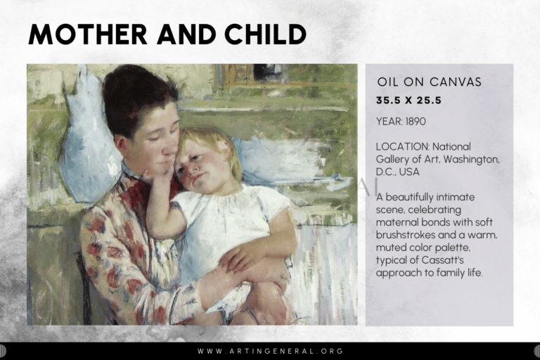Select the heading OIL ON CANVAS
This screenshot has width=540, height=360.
coord(429,82)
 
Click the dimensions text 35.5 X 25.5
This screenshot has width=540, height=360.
coord(409,101)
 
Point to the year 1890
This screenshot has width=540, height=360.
coord(416,121)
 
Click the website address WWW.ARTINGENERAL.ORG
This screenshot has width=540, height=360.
coord(270,351)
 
